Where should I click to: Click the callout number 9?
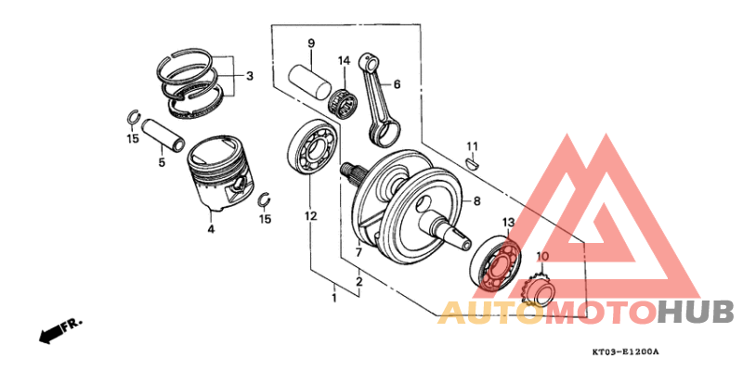click(311, 44)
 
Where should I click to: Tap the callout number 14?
click(344, 60)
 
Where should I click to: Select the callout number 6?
click(397, 84)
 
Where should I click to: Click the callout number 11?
click(471, 147)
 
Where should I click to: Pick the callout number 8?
click(476, 200)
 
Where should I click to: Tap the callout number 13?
click(508, 224)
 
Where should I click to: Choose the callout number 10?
click(542, 256)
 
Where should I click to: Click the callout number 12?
click(310, 216)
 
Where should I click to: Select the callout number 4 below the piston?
click(211, 229)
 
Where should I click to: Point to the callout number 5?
click(161, 162)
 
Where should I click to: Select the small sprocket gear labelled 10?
click(540, 290)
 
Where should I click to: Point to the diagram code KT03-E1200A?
click(625, 352)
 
